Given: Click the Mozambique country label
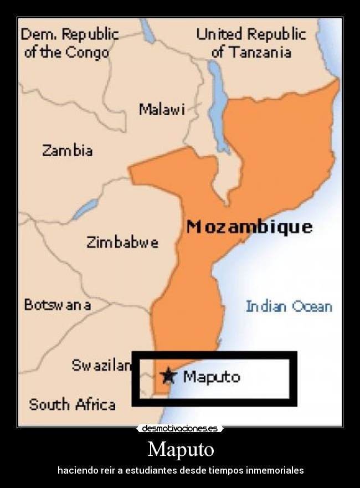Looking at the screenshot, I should pos(249,227).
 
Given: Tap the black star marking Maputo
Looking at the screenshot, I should pos(168,376).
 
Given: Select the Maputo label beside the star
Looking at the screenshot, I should pos(212,377).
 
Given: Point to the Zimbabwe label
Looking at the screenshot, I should pos(122,242).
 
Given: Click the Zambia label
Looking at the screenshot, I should pos(68,150).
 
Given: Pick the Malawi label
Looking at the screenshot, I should pos(161,109).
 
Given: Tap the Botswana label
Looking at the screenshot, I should pos(58,305).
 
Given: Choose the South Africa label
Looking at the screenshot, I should pos(72,404).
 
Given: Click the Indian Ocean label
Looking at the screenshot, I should pos(289,306).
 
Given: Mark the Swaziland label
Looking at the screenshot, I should pos(102,365).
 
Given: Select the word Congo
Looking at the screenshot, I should pos(87,53).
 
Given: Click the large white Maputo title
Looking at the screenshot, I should pos(181,449).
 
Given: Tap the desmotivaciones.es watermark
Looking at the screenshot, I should pos(180,428).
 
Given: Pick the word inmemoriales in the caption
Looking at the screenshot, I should pos(275,470).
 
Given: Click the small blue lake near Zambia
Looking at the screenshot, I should pos(85,209).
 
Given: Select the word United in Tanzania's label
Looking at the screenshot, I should pos(220,34).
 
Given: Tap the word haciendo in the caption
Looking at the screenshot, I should pos(76,470).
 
